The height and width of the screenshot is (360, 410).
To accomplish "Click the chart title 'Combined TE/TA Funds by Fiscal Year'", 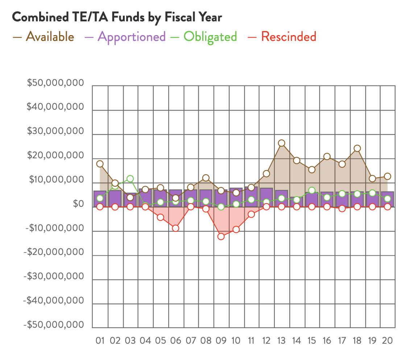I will pos(117,17).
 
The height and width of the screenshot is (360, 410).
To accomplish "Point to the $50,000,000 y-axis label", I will pos(55,83).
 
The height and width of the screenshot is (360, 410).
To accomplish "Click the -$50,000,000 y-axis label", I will pos(54,325).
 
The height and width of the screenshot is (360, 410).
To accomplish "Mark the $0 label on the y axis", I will pos(78,204).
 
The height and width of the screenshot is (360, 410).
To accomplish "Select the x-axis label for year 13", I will pos(282,340).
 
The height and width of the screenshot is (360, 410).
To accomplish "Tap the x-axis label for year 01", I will pos(100,340).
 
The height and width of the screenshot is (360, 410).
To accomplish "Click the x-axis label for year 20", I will pos(388,340).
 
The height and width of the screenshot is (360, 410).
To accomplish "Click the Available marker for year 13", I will pos(282,143).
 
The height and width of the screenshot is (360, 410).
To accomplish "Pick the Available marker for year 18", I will pos(357,148).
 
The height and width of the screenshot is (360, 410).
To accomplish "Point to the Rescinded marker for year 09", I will pos(221,236).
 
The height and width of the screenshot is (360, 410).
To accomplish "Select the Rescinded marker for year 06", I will pos(175,228).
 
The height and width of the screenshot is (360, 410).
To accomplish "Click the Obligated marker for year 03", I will pos(130,179).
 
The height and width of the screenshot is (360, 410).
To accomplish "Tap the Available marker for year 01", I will pos(100,164).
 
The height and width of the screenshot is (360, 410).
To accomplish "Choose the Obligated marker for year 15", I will pos(312,190).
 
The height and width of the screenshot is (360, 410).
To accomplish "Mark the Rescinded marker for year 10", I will pos(236,229).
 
